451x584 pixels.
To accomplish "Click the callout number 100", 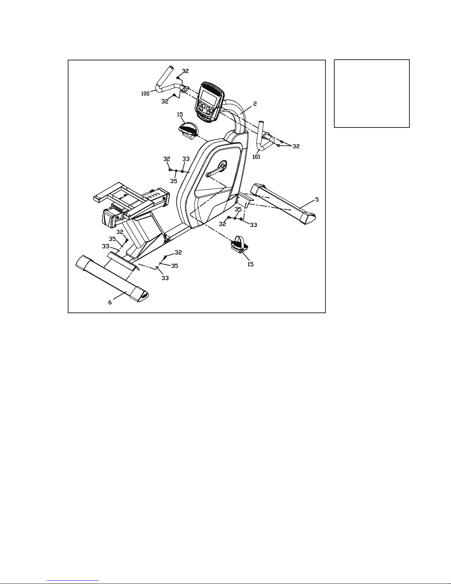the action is click(145, 94).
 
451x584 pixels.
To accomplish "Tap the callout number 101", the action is click(256, 157).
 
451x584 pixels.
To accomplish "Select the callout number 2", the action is click(255, 104).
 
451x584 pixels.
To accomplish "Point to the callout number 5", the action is click(317, 199).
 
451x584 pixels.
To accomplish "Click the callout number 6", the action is click(110, 303).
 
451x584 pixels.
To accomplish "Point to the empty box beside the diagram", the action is click(372, 94).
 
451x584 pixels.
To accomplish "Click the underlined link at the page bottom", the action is click(73, 580).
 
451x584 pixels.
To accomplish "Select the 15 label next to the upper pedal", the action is click(180, 115).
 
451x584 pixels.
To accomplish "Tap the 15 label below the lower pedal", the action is click(250, 265).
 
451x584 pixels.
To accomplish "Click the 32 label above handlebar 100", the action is click(185, 71).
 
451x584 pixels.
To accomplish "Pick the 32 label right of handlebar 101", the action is click(296, 147).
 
